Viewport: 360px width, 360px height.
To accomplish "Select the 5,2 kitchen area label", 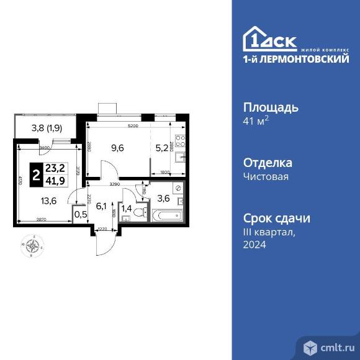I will coord(161,148).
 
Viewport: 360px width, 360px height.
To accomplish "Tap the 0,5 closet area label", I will coord(80,215).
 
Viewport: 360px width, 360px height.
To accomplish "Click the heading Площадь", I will coord(271,107).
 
